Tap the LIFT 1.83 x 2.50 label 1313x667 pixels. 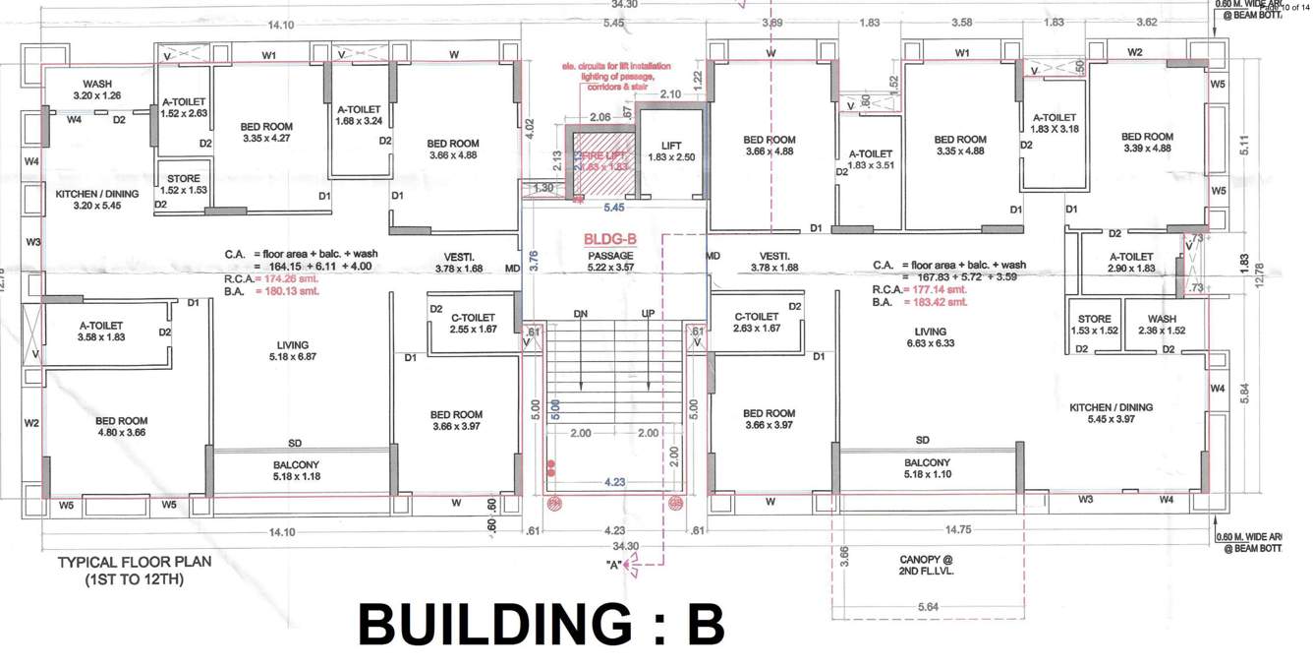click(671, 152)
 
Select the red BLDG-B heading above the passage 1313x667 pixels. click(610, 239)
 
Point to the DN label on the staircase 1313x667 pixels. click(581, 314)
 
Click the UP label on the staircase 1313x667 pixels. click(648, 314)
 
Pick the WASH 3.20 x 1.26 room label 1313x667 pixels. click(96, 90)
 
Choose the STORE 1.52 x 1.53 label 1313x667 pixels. click(183, 184)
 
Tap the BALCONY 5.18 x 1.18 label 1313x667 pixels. click(297, 470)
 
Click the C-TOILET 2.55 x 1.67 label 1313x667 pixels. click(473, 323)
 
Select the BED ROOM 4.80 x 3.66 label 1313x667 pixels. click(122, 426)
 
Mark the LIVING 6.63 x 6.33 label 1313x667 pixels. click(930, 337)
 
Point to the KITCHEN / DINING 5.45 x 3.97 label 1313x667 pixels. click(1111, 412)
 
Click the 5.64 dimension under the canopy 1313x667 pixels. click(927, 607)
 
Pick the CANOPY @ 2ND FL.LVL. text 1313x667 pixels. click(927, 565)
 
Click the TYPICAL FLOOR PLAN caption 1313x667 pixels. click(135, 570)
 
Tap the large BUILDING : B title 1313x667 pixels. click(541, 625)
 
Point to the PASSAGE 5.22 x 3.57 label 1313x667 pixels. click(610, 262)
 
